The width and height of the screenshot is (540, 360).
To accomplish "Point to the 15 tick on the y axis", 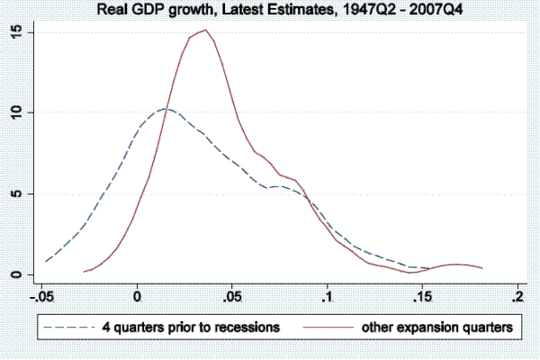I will pyautogui.click(x=15, y=32).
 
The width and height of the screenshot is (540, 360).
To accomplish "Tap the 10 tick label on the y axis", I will pyautogui.click(x=15, y=112).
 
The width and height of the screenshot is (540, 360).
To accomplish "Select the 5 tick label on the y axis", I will pyautogui.click(x=15, y=193).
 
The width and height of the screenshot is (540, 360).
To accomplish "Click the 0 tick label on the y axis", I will pyautogui.click(x=15, y=274).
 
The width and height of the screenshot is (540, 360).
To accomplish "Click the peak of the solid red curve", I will pyautogui.click(x=206, y=30).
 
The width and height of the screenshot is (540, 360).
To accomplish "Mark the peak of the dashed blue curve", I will pyautogui.click(x=164, y=109).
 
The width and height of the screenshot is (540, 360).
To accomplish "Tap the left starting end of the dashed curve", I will pyautogui.click(x=46, y=262).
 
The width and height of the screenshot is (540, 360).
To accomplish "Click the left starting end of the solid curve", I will pyautogui.click(x=84, y=271).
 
